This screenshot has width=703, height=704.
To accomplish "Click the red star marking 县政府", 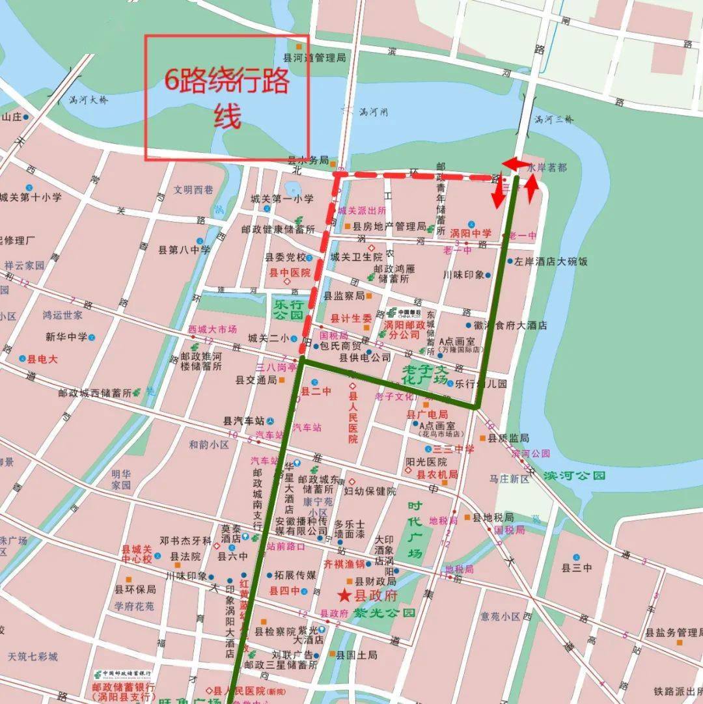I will (x=344, y=595).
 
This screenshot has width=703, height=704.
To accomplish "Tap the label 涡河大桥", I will (x=89, y=100).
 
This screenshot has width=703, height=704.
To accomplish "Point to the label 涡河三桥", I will (x=554, y=119).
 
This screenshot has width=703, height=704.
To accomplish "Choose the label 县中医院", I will (x=290, y=273).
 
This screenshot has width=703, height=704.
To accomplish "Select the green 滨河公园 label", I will (x=575, y=476).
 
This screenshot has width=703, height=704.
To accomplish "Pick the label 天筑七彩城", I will (x=33, y=656).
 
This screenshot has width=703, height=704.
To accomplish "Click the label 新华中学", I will (x=66, y=337).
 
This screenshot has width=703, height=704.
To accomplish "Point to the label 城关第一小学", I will (x=282, y=199).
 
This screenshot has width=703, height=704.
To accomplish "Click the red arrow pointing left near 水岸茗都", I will (x=511, y=164).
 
